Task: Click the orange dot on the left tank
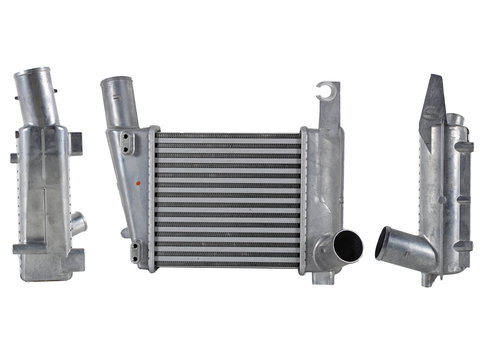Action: (x=139, y=183)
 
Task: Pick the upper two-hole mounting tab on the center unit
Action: (x=127, y=143)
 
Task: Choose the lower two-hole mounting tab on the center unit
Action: (x=136, y=252)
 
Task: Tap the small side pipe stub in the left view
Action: (x=79, y=221)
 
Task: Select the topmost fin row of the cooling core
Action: (x=228, y=135)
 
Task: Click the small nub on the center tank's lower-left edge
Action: (x=124, y=230)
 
